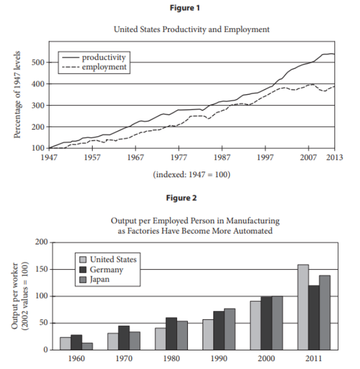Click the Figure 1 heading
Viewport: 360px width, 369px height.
click(185, 8)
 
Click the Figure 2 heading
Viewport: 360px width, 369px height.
click(181, 198)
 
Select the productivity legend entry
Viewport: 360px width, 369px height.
click(94, 57)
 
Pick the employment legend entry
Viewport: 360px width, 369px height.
click(94, 67)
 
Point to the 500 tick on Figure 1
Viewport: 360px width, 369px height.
click(38, 63)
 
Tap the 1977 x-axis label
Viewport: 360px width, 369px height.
click(178, 157)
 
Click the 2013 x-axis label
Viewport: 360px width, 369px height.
click(335, 157)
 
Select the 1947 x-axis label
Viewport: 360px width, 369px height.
click(49, 157)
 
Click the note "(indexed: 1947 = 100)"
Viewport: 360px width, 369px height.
click(191, 174)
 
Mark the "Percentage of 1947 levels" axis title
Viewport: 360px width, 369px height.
click(17, 95)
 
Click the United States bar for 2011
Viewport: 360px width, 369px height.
click(303, 307)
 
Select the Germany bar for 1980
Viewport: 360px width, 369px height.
click(172, 333)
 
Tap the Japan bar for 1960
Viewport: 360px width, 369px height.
click(87, 346)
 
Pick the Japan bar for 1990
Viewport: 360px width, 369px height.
click(230, 330)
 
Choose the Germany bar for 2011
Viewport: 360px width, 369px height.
click(314, 318)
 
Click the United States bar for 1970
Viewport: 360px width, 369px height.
click(113, 341)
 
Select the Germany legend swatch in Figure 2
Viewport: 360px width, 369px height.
click(83, 270)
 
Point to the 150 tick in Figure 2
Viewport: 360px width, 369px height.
click(41, 269)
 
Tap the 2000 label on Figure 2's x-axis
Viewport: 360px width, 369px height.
click(266, 358)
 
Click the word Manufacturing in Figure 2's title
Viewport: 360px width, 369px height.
click(253, 221)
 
